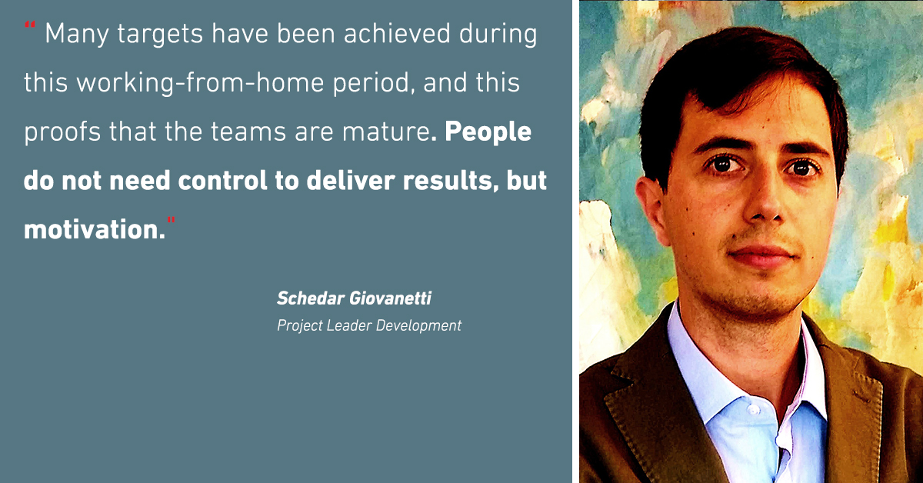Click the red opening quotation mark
click(x=30, y=25)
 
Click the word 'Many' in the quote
click(x=77, y=35)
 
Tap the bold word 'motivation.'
click(x=95, y=229)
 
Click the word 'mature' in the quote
click(x=386, y=132)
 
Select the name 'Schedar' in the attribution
click(x=311, y=298)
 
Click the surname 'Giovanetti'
click(x=391, y=298)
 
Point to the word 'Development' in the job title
click(x=418, y=326)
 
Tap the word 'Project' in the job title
click(x=299, y=326)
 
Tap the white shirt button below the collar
click(x=754, y=410)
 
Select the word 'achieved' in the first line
click(x=397, y=34)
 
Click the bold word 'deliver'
click(x=351, y=181)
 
